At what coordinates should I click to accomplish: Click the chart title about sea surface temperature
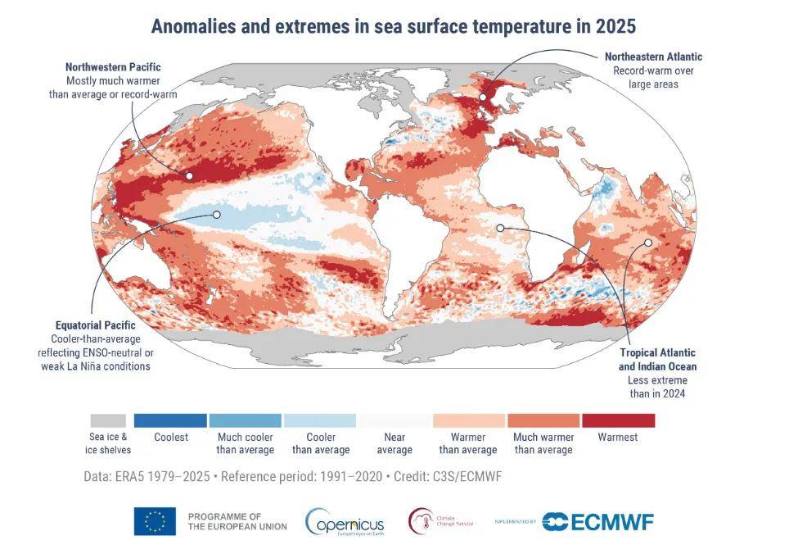394,25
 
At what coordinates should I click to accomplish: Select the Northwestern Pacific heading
114,66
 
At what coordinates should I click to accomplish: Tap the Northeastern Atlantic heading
653,57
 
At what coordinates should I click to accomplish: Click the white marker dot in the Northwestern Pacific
189,175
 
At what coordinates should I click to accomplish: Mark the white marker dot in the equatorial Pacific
217,215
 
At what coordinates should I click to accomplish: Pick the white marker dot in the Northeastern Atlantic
483,97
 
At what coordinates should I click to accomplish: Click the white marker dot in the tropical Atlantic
500,228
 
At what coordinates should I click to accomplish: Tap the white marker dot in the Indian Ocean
647,243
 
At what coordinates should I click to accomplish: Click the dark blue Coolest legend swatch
170,420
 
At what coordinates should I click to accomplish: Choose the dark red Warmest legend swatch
618,420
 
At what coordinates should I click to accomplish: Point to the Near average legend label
394,443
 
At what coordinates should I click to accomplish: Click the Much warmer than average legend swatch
543,420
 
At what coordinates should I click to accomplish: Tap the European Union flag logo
155,521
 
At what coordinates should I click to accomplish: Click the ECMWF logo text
610,521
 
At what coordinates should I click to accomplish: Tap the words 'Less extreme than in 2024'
657,387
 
